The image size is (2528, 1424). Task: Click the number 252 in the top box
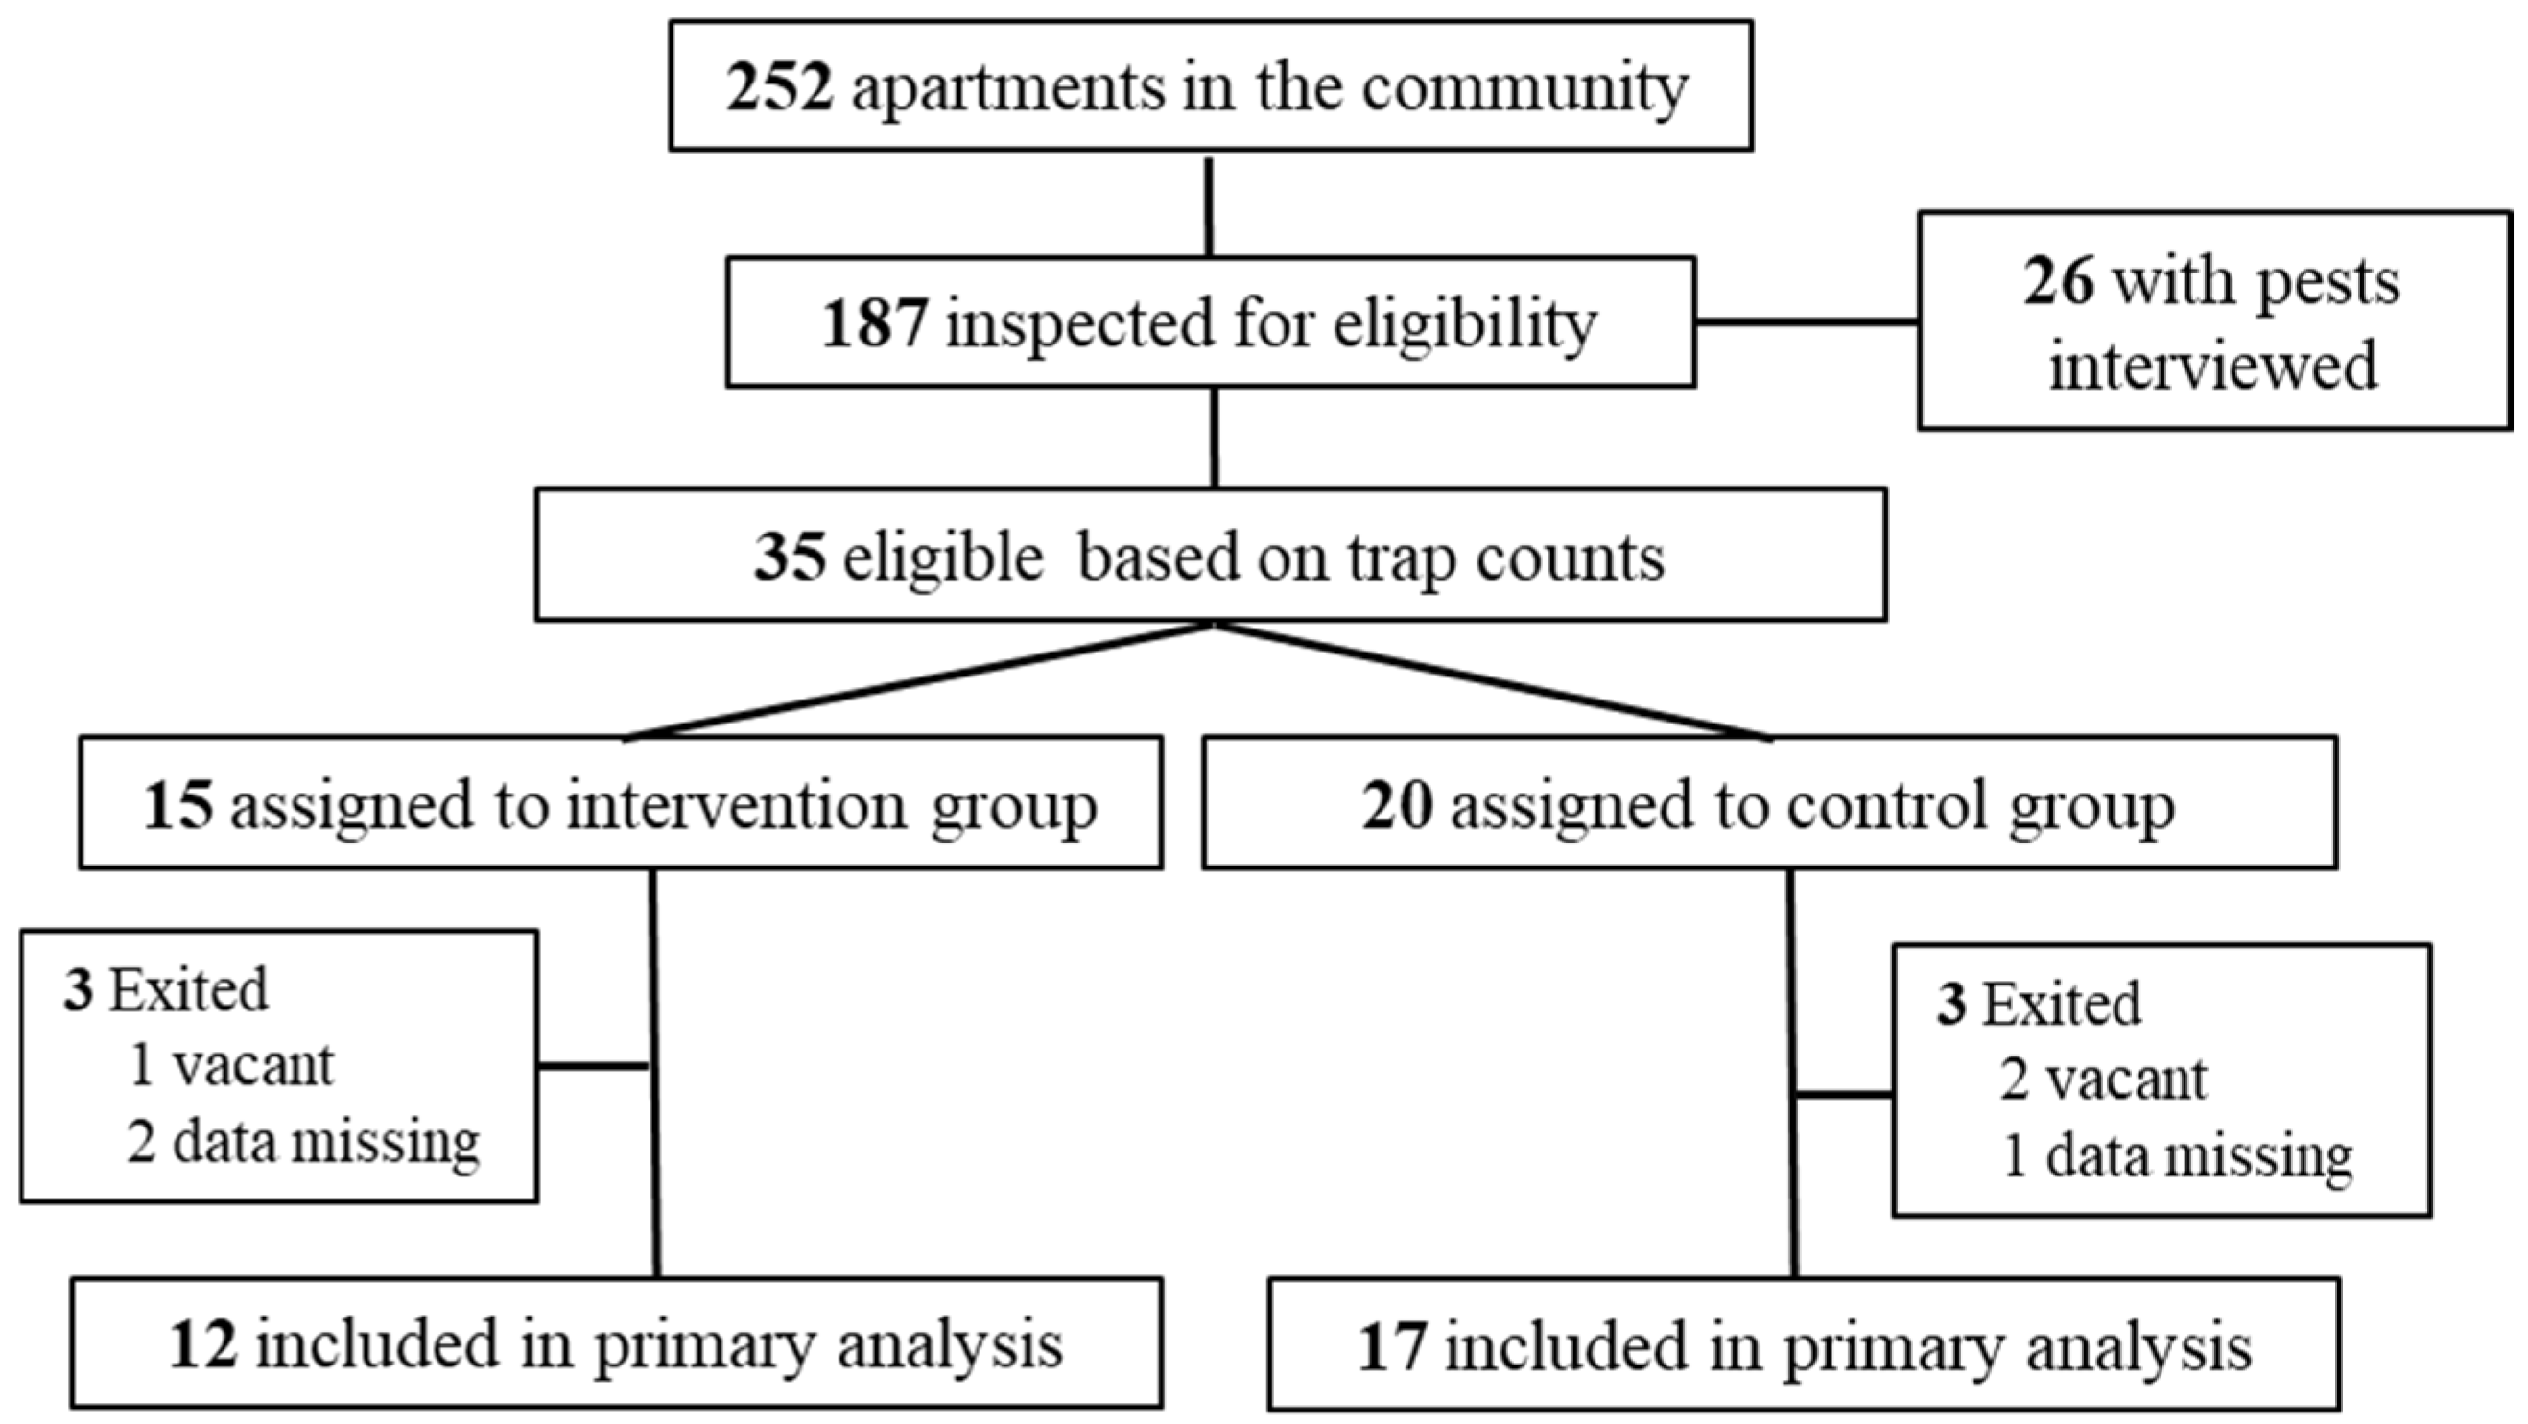click(x=779, y=87)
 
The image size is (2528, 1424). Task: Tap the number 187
click(x=874, y=322)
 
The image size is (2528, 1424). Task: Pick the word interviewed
click(x=2214, y=365)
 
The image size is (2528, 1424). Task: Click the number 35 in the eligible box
click(x=789, y=557)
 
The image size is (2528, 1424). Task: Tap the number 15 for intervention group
click(x=178, y=805)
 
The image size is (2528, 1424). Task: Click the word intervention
click(x=737, y=805)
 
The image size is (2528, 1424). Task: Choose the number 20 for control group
click(x=1397, y=805)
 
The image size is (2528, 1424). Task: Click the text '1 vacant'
click(x=231, y=1066)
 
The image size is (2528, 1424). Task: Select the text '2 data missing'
click(x=303, y=1142)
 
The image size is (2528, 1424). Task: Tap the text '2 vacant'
click(x=2104, y=1080)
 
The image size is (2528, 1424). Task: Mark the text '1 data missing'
click(x=2178, y=1157)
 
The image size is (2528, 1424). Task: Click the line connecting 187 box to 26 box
click(x=1807, y=320)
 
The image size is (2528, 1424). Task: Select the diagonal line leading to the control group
click(x=1494, y=681)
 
